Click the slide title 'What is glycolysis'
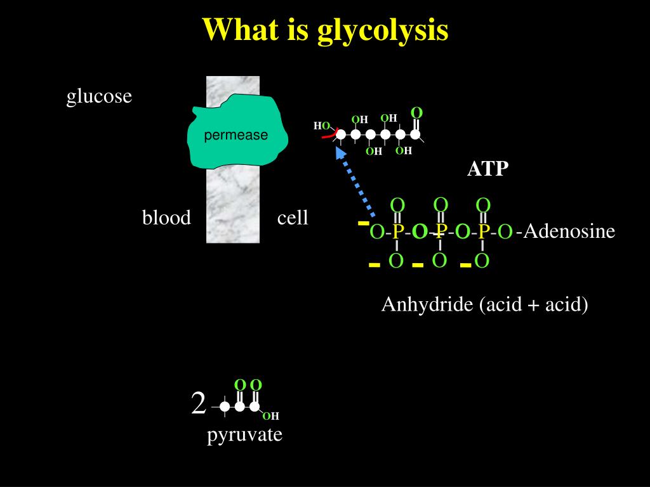coord(325,30)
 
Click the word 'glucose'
coord(100,96)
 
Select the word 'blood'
coord(166,218)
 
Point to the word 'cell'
coord(293,218)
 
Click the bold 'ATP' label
coord(488,169)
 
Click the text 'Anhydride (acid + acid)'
coord(484,305)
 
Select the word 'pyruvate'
coord(244,435)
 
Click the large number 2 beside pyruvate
coord(199,404)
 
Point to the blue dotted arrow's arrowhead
coord(341,153)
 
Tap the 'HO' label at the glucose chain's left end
coord(321,126)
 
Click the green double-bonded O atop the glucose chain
coord(416,113)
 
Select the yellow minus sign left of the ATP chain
coord(364,223)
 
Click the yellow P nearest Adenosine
coord(483,232)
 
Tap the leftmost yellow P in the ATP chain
coord(397,232)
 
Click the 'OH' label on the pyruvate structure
coord(271,416)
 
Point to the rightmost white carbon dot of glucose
coord(415,134)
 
